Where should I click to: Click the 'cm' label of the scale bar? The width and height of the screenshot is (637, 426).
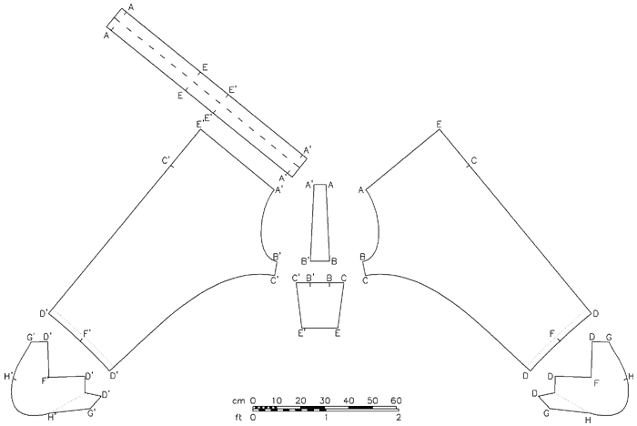pos(238,401)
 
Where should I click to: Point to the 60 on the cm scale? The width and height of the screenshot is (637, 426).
pos(396,401)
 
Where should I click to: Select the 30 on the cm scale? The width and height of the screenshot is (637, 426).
pos(325,401)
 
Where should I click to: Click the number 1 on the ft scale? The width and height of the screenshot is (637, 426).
pos(326,418)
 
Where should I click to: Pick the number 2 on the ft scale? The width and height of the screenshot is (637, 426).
pos(399,418)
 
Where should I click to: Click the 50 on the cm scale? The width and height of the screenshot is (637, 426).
pos(372,401)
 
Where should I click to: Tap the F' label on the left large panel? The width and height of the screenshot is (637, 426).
pos(87,333)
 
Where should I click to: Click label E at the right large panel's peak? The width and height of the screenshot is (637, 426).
pos(439,125)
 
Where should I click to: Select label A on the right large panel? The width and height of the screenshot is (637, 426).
pos(360,190)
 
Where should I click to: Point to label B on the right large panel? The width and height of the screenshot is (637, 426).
pos(363,257)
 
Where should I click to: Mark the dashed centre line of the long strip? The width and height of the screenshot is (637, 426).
pos(207,88)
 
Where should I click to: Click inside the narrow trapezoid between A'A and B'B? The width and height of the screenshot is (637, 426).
pos(320,223)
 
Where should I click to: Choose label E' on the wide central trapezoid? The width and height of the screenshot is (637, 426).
pos(301,334)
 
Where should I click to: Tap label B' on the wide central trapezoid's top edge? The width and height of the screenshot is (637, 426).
pos(310,278)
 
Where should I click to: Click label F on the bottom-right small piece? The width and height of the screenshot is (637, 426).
pos(596,383)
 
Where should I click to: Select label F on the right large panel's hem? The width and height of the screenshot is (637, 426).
pos(551,334)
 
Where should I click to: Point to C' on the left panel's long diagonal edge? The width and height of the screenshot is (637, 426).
pos(167,160)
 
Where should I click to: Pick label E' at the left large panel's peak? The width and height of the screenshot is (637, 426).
pos(200,125)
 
